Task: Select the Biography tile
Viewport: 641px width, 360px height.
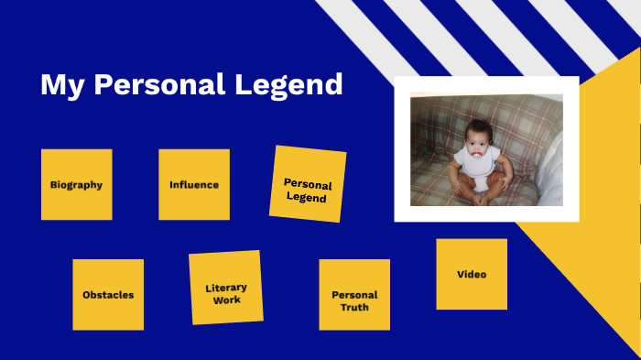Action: coord(76,184)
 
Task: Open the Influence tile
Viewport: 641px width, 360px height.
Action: coord(194,184)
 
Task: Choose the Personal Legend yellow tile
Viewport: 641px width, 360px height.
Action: coord(308,184)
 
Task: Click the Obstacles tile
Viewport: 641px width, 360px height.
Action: coord(108,294)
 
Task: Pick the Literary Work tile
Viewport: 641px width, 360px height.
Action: coord(226,288)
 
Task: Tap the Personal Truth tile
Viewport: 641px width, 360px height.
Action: coord(354,294)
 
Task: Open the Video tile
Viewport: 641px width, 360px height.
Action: coord(472,274)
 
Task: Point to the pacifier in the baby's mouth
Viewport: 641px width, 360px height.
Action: coord(477,147)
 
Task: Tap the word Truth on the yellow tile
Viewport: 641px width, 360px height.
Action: coord(354,307)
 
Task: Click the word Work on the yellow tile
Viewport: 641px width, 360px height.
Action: coord(227,300)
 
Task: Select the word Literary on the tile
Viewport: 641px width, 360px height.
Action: coord(226,288)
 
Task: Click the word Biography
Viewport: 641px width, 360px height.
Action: coord(76,184)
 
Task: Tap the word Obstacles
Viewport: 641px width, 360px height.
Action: coord(108,295)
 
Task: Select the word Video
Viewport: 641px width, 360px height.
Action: coord(472,274)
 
